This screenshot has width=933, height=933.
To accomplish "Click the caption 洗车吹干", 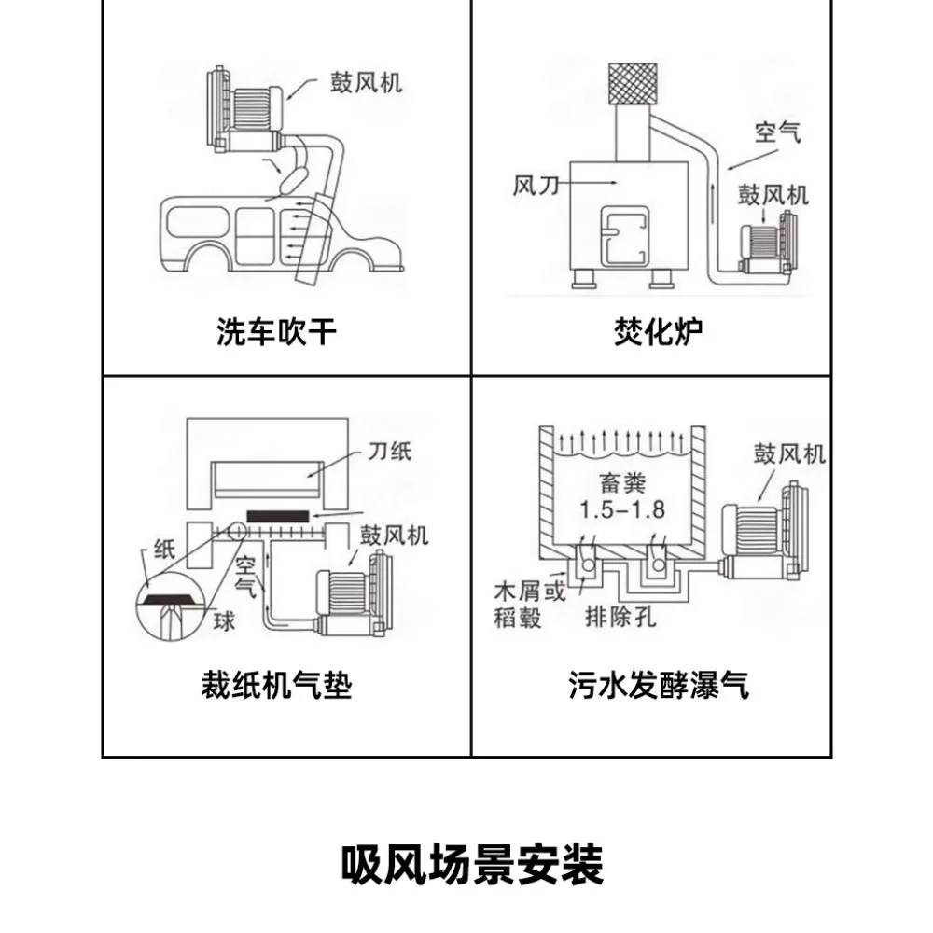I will [275, 331].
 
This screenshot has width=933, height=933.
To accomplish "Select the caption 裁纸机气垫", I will [276, 687].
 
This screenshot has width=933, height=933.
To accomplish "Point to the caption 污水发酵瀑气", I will [659, 687].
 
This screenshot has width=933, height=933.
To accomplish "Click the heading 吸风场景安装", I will [471, 865].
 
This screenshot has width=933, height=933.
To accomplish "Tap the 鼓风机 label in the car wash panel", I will [365, 83].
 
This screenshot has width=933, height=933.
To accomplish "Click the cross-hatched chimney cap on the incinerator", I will [634, 83].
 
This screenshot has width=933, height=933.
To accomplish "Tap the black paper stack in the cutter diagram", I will [277, 515].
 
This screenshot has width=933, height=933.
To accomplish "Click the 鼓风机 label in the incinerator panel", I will [773, 195].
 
